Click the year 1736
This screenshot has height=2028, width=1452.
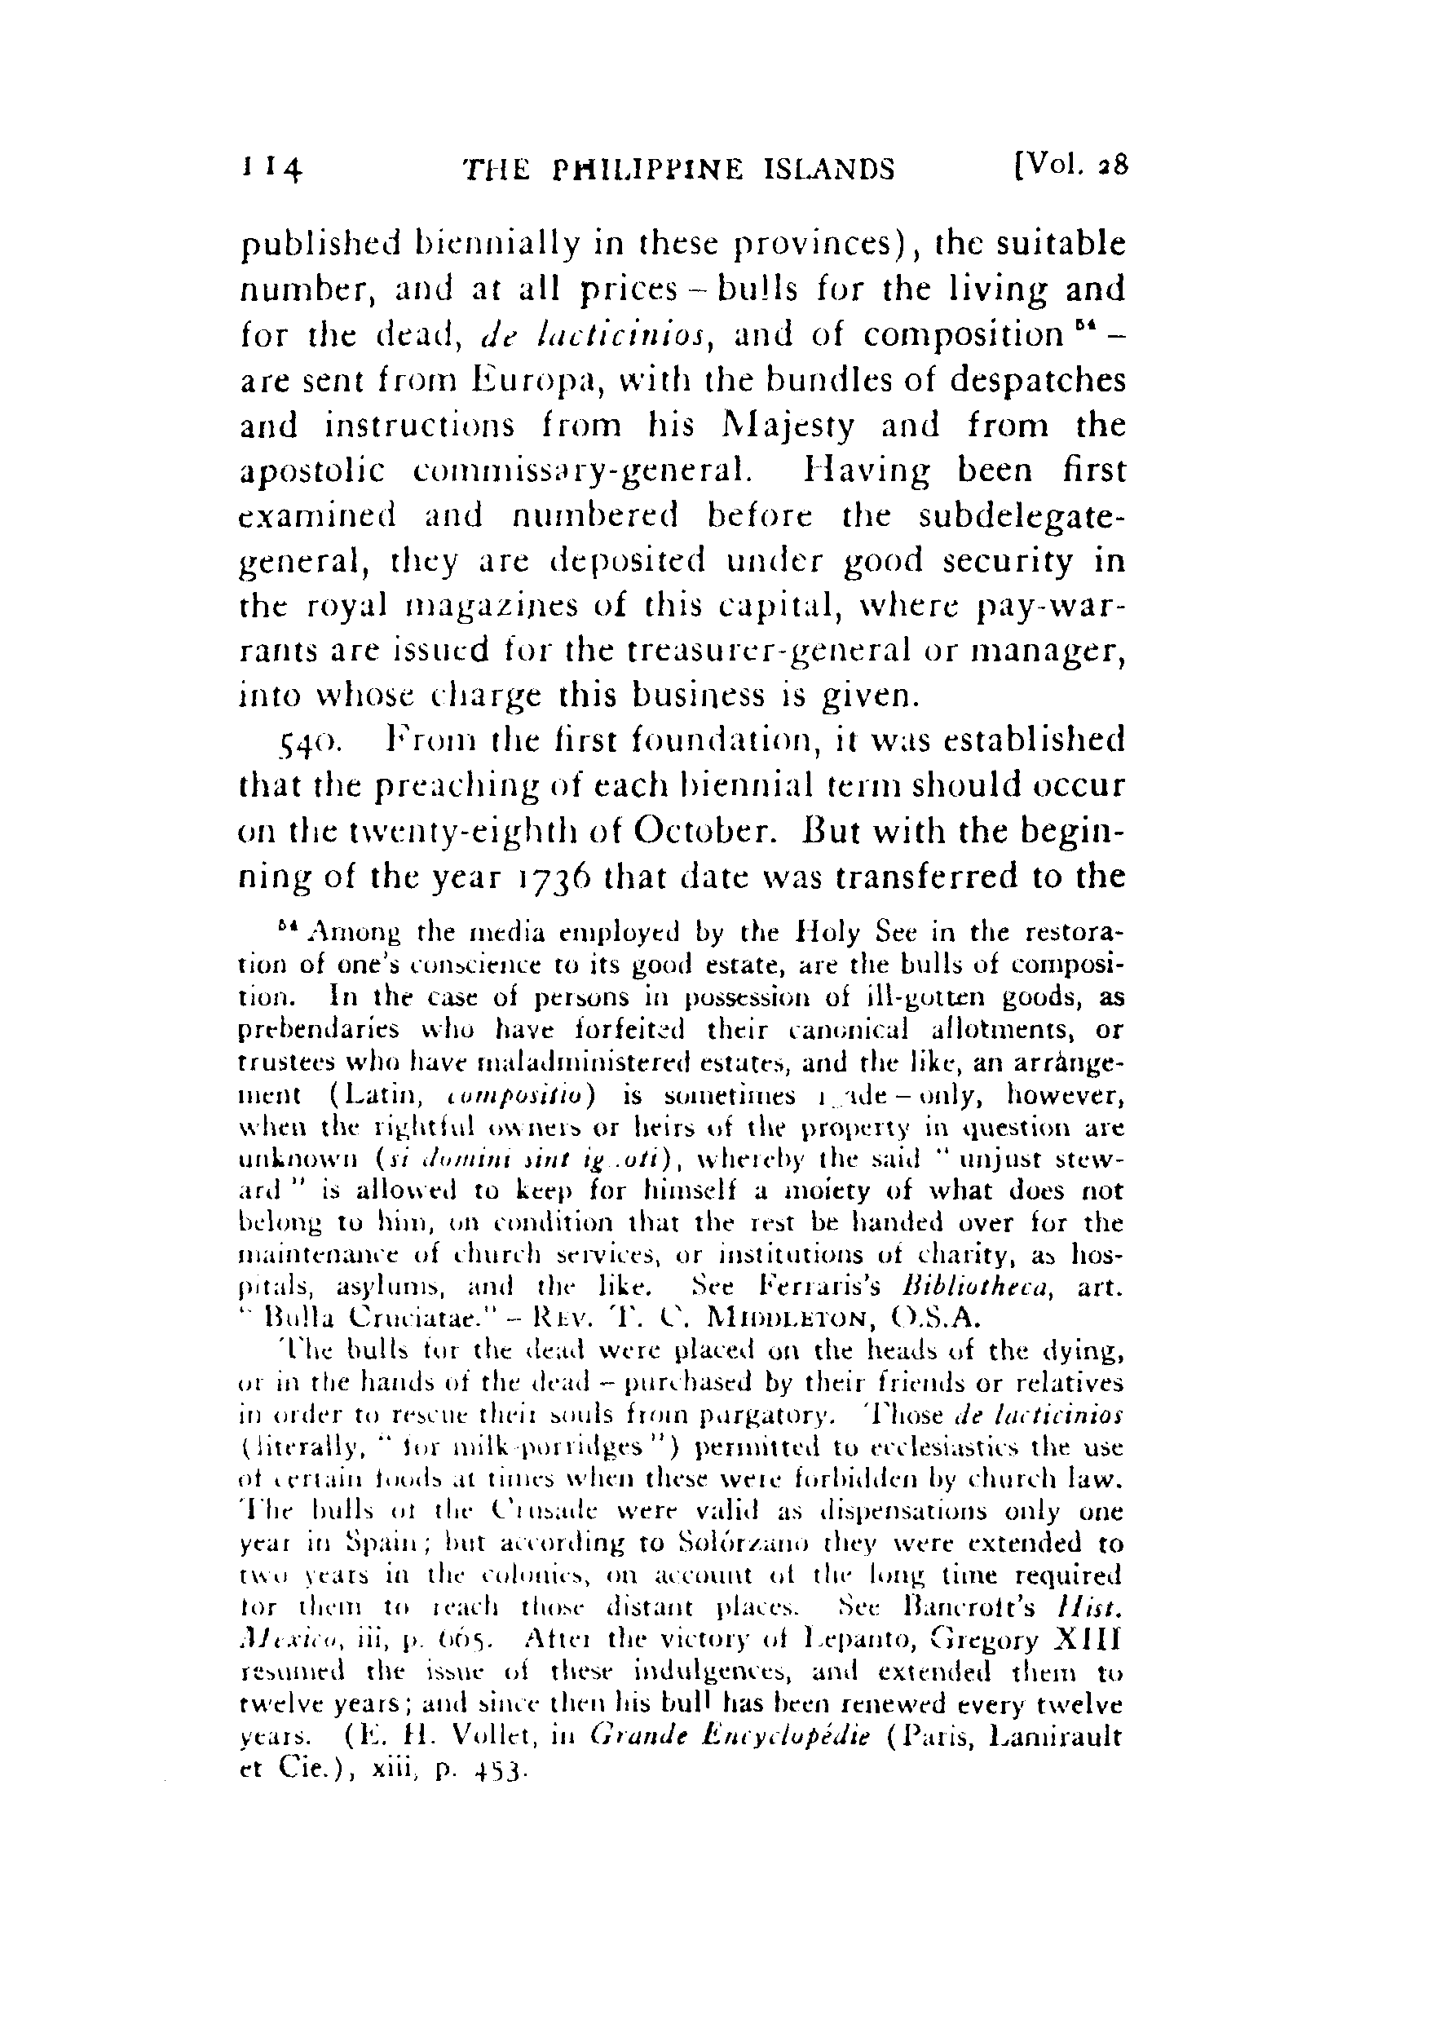(546, 876)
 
